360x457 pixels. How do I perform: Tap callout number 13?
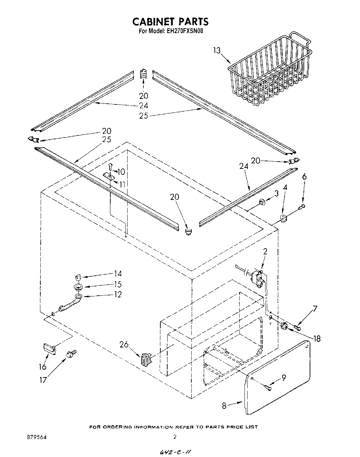(216, 51)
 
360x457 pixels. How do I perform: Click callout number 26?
(124, 344)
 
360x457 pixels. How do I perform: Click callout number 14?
(118, 274)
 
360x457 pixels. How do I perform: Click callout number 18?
(316, 339)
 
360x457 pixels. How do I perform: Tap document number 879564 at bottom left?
(37, 437)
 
